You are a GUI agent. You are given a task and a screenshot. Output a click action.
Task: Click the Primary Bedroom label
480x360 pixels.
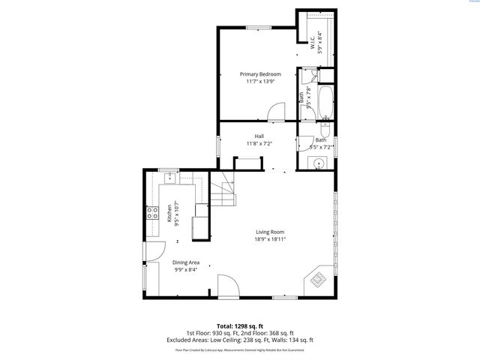point(260,74)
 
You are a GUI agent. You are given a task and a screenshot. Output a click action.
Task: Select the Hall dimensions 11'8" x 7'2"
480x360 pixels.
point(259,143)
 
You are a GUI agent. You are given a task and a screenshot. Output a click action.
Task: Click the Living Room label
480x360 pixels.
point(271,232)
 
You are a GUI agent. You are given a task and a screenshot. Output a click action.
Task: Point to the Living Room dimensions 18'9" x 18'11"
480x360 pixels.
point(271,239)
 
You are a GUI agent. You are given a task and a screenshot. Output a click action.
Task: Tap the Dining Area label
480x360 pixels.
point(186,262)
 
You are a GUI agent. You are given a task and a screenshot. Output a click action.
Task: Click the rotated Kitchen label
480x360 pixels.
point(169,212)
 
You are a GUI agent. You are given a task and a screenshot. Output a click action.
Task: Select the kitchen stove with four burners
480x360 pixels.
point(151,212)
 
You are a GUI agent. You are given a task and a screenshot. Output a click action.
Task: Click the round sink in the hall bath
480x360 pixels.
point(320,162)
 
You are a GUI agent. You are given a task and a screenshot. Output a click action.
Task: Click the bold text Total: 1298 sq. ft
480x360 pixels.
point(240,326)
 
